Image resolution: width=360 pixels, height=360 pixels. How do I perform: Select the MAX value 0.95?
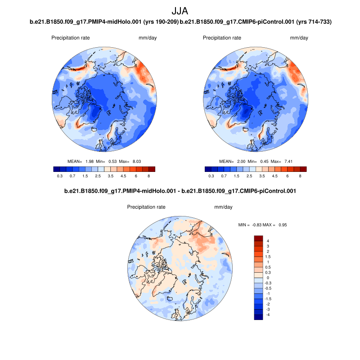coord(282,225)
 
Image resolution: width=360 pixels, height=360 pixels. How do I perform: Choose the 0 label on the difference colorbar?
coord(269,278)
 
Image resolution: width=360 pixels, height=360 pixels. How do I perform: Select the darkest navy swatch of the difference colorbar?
coord(258,317)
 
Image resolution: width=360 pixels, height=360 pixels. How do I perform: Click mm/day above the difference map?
coord(223,207)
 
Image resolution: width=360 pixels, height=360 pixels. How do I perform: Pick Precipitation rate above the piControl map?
coord(222,38)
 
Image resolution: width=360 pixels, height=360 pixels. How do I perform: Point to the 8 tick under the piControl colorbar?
coord(300,177)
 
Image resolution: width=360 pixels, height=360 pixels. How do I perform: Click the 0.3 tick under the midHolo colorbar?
coord(60,177)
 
